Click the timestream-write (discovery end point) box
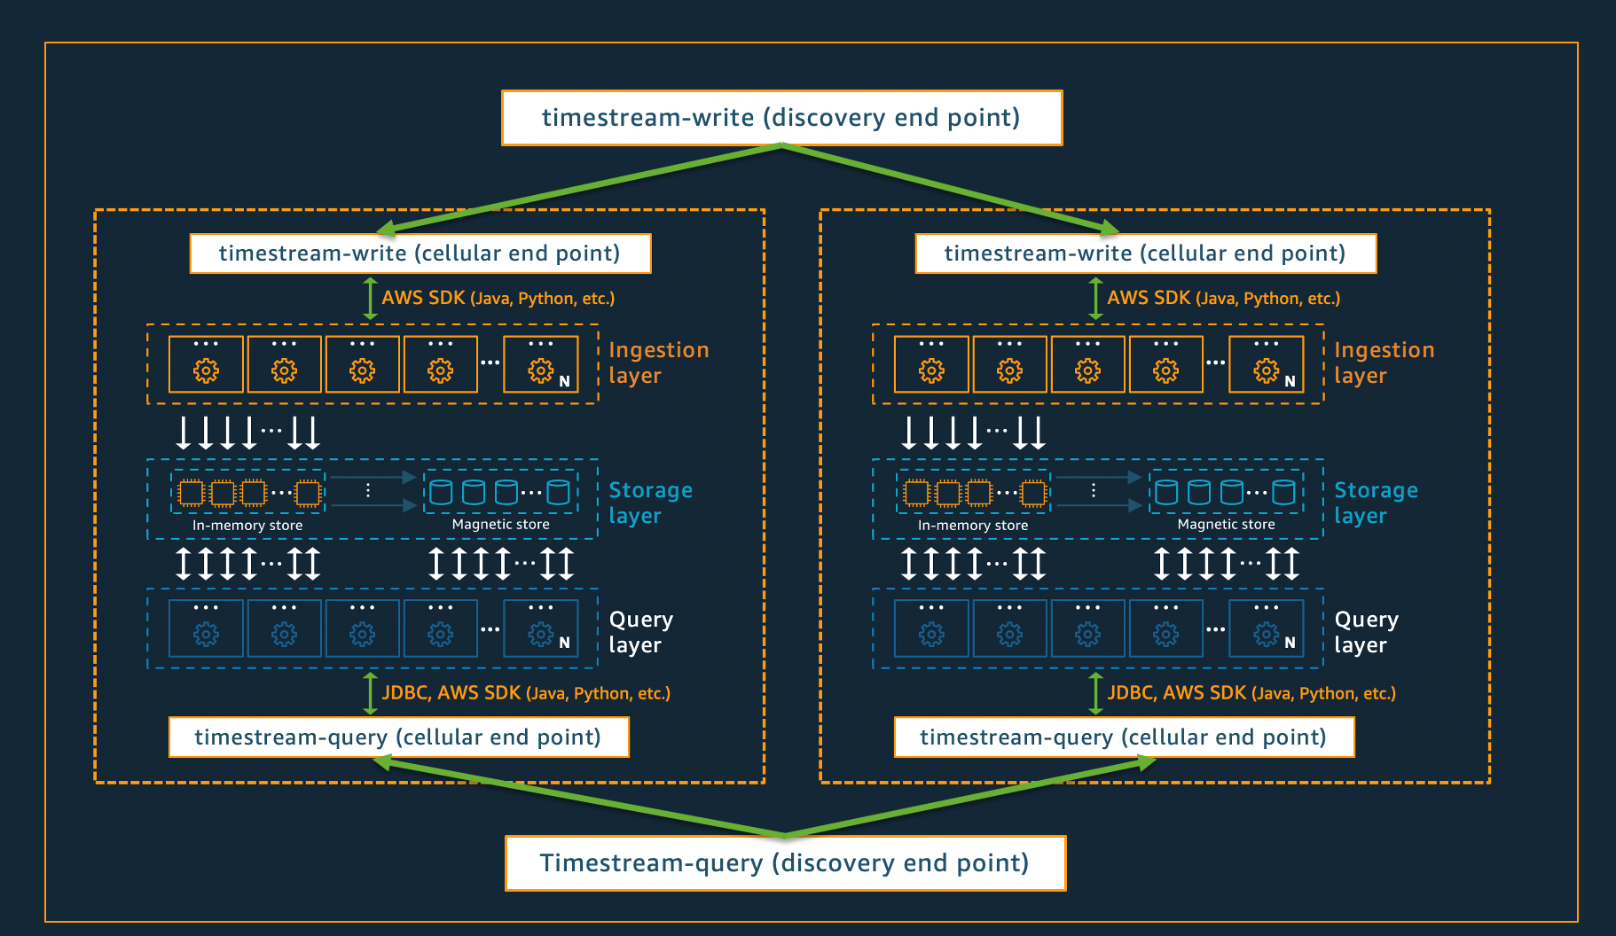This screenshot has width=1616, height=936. pos(781,118)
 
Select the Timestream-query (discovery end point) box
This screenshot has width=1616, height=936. pos(785,863)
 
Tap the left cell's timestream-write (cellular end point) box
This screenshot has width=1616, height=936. pos(420,253)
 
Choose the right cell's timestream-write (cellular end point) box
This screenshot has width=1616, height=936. pos(1145,253)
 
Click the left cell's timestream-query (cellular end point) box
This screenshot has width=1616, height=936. pos(398,737)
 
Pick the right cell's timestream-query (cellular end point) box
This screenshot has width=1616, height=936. pos(1124,737)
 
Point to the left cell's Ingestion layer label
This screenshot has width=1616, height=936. pos(658,363)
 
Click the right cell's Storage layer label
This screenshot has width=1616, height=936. pos(1376,503)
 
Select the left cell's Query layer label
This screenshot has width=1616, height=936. pos(640,632)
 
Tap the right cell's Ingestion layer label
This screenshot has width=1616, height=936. pos(1384,363)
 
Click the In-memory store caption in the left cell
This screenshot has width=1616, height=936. pos(247,526)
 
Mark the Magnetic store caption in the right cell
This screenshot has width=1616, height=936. pos(1226,525)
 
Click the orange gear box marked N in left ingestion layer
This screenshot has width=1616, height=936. pos(541,364)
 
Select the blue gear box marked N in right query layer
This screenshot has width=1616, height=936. pos(1267,628)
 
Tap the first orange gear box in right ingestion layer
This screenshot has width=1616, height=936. pos(931,364)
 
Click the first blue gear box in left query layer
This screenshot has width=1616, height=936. pos(206,628)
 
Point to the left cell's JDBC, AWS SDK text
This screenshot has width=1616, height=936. pos(525,693)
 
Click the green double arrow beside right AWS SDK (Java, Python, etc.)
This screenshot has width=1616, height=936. pos(1095,299)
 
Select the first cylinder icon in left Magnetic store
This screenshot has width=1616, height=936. pos(441,492)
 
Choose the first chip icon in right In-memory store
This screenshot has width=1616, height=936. pos(916,492)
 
